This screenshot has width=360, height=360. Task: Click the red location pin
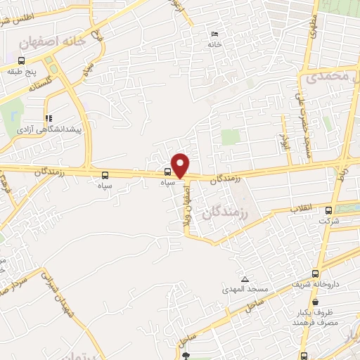coord(180,165)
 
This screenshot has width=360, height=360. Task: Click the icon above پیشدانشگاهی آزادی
coord(48,118)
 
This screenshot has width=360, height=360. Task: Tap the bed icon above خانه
coord(215,34)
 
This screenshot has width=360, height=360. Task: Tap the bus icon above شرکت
coord(328,210)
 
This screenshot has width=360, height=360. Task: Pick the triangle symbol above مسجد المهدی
coord(244,278)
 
